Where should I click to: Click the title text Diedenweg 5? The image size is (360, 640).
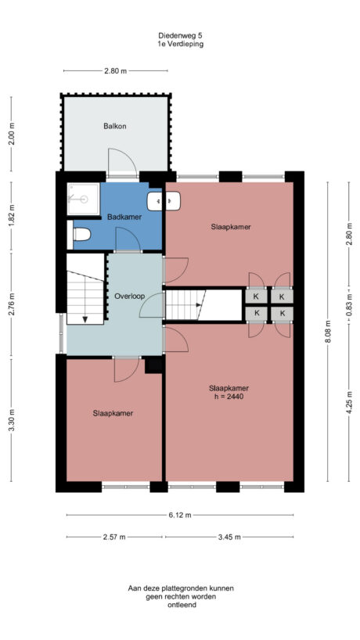point(180,35)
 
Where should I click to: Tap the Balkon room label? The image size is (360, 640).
point(114,126)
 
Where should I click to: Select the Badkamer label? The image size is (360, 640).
point(124,217)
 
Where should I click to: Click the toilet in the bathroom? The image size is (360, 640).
point(82,233)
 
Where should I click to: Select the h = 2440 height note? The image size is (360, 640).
point(229,397)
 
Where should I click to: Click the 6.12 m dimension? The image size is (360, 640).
point(180,515)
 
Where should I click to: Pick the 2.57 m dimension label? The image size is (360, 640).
point(114,537)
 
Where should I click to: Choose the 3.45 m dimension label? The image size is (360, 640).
point(229,537)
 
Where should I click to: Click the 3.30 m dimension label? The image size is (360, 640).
point(10,420)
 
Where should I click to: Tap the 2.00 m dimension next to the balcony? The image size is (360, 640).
point(10,134)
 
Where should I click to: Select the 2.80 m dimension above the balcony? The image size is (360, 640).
point(114,71)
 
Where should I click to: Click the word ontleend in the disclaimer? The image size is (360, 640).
point(180,604)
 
